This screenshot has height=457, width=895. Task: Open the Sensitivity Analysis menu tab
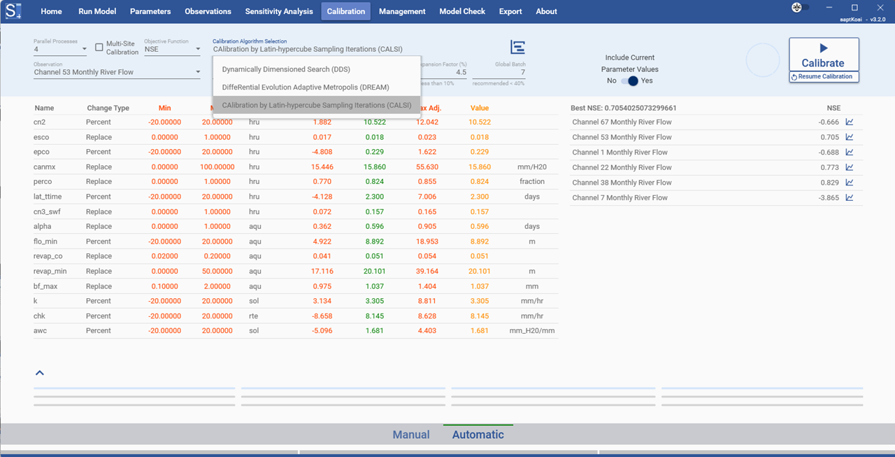point(278,11)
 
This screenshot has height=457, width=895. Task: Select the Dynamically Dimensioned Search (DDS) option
point(286,69)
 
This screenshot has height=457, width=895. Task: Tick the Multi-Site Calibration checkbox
point(99,48)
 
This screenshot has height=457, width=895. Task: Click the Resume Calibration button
point(824,77)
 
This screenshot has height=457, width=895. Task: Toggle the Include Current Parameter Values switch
point(629,80)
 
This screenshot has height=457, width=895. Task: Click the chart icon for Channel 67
point(850,122)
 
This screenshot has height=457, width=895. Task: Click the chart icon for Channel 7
point(850,197)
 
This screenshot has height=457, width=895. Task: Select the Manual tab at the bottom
point(411,435)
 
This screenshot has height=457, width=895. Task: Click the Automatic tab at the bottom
point(478,435)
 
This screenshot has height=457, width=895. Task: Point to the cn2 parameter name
point(39,122)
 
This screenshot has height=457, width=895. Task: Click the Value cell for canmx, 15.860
point(480,167)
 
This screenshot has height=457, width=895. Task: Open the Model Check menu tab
point(462,11)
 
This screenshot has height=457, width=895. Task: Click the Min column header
point(164,108)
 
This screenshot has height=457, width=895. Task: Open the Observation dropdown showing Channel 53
point(117,72)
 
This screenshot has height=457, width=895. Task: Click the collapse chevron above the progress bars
point(40,373)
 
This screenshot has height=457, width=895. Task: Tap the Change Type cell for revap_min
point(99,272)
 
